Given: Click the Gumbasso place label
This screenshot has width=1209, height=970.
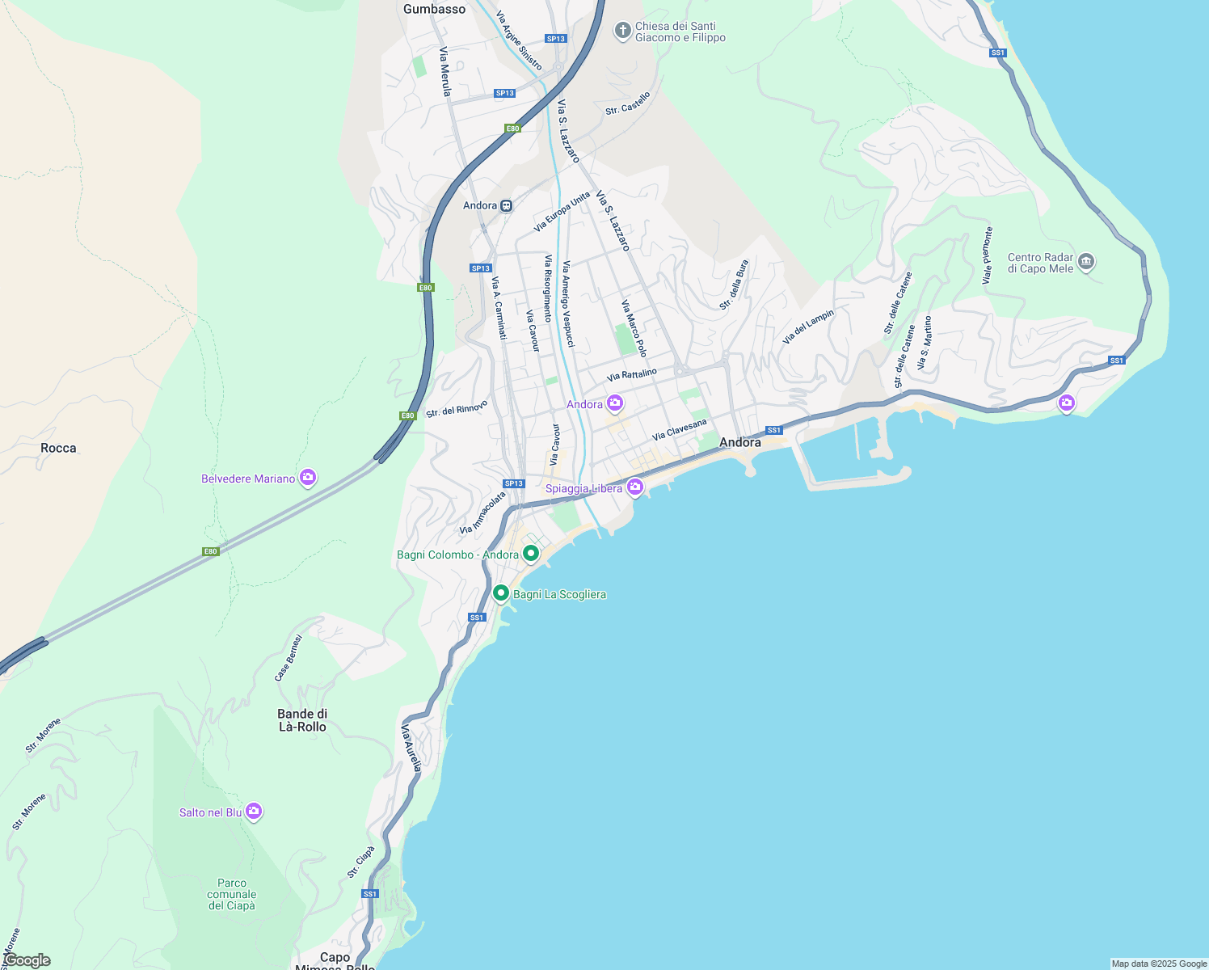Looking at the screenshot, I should [x=435, y=10].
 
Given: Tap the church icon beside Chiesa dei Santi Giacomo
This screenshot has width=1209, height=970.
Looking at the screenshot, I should [x=622, y=32].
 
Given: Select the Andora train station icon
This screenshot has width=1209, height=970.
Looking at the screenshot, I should [x=507, y=205].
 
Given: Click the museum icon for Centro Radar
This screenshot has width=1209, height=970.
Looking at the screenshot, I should [x=1086, y=262].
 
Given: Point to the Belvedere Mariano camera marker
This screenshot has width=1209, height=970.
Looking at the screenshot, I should [x=308, y=479].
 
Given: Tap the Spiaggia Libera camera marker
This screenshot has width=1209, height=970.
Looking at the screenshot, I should [x=634, y=487].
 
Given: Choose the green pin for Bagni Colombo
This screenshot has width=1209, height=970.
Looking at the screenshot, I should [x=531, y=554].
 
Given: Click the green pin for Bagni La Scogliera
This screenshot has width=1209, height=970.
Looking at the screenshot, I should [x=501, y=594].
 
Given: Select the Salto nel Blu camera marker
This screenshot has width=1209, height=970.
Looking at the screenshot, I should [x=254, y=812].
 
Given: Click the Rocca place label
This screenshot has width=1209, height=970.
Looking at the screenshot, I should [x=58, y=448].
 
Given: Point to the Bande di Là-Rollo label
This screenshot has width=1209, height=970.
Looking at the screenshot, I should [x=302, y=720].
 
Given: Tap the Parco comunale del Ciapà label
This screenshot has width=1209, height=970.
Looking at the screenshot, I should [x=232, y=894].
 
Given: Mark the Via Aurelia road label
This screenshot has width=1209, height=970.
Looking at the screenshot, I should [x=411, y=748].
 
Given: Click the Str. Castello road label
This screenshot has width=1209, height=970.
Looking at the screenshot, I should [x=628, y=103].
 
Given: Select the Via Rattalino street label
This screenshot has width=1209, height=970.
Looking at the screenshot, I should [x=632, y=374].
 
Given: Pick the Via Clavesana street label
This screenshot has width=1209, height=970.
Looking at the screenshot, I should [x=680, y=429].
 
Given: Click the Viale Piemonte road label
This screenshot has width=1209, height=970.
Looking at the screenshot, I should [x=988, y=255].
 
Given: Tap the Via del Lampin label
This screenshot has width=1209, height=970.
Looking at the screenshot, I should [x=808, y=327].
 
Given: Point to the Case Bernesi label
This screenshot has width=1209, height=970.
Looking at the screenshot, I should [x=289, y=658].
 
